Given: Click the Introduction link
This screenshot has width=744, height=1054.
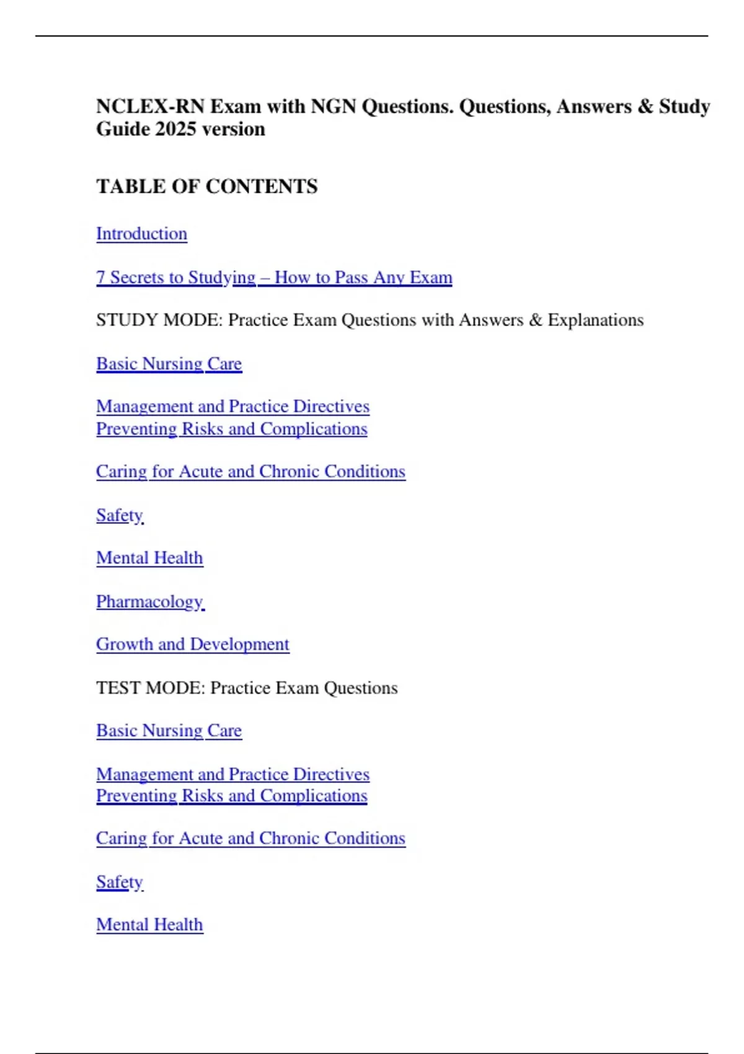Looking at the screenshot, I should pyautogui.click(x=141, y=234).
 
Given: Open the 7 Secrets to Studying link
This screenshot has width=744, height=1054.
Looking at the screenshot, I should pyautogui.click(x=274, y=277).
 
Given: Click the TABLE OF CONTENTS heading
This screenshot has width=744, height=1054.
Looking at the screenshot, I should pyautogui.click(x=206, y=186).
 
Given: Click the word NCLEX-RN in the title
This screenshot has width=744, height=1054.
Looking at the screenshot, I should pyautogui.click(x=150, y=106).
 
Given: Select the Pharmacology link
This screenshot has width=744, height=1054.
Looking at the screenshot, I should pyautogui.click(x=149, y=601).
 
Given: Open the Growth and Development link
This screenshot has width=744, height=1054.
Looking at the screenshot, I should pyautogui.click(x=192, y=644).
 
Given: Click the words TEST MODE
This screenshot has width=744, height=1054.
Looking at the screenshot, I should pyautogui.click(x=149, y=688).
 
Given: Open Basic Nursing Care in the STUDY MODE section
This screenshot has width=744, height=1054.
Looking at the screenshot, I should pyautogui.click(x=169, y=363).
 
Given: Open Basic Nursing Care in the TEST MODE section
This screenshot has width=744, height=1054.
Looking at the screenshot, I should pyautogui.click(x=169, y=730).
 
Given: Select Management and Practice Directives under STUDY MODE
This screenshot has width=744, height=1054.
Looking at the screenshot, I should pyautogui.click(x=232, y=406).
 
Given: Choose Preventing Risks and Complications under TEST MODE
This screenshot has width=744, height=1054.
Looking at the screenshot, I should pyautogui.click(x=231, y=795).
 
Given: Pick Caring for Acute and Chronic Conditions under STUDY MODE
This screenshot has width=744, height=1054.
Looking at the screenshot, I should pyautogui.click(x=250, y=471).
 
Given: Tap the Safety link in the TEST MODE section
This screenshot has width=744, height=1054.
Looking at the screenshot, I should pyautogui.click(x=119, y=882).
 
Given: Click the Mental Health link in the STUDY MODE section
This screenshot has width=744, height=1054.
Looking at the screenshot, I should pyautogui.click(x=149, y=558).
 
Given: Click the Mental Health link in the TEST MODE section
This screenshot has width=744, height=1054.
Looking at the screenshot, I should pyautogui.click(x=149, y=924).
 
